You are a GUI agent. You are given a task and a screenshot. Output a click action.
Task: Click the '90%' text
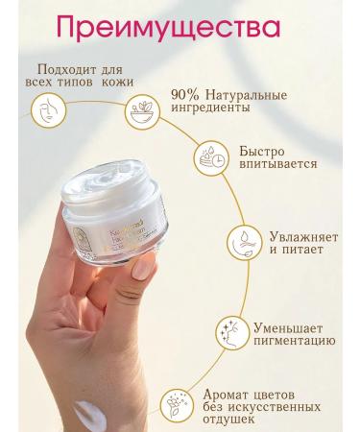[x=186, y=95]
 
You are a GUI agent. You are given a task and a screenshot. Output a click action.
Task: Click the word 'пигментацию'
[x=295, y=339]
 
